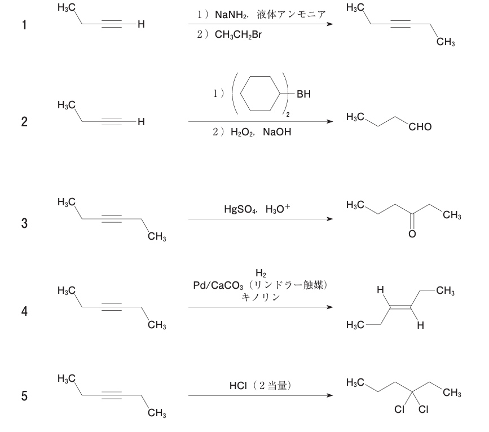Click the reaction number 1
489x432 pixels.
tap(24, 26)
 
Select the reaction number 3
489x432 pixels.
tap(24, 224)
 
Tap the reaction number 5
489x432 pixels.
tap(24, 397)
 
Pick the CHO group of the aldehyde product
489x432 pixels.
tap(420, 127)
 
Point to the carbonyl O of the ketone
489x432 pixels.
tap(412, 234)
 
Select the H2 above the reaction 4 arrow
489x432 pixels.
tap(260, 275)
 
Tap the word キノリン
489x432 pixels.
tap(260, 297)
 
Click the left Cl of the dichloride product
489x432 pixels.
tap(402, 410)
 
